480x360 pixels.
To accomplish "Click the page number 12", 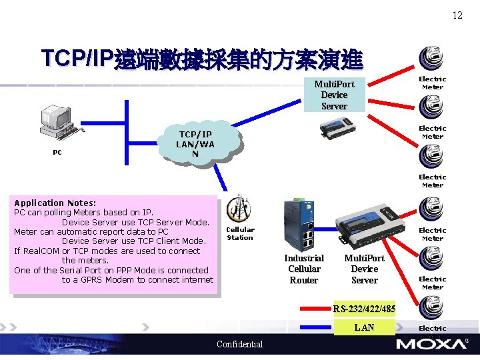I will coord(457,15).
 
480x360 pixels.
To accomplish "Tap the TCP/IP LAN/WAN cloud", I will coord(195,144).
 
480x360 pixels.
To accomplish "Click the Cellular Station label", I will coord(240,233).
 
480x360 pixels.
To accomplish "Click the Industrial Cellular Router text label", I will coord(304,269).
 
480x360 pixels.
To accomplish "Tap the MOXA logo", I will coord(431,344).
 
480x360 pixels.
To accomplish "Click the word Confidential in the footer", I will coord(240,344).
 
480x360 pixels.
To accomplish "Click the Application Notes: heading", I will coord(55,203).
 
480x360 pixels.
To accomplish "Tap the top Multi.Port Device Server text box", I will coord(334,95).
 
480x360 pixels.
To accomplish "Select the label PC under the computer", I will coord(57,152).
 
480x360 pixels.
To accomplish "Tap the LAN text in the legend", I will coord(364,327).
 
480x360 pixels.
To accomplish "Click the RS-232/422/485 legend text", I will coord(364,309).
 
